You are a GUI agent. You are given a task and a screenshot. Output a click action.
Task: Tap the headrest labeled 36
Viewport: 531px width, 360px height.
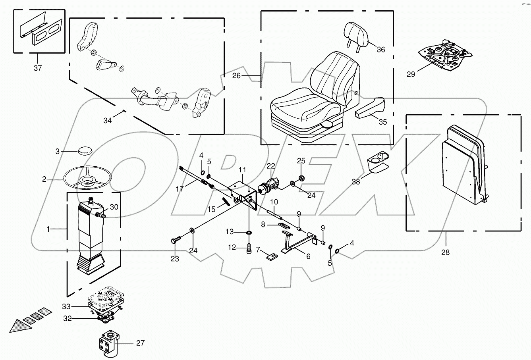coord(357,33)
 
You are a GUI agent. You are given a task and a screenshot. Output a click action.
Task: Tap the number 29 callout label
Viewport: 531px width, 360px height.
coord(410,74)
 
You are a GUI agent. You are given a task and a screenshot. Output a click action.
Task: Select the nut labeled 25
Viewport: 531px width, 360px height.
coord(301,177)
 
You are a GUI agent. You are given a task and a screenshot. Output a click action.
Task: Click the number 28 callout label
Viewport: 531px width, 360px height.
coord(446,252)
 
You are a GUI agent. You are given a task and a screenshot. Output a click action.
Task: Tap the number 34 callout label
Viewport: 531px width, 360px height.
coord(108,120)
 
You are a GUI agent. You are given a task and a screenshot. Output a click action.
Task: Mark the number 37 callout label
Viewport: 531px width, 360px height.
coord(37,68)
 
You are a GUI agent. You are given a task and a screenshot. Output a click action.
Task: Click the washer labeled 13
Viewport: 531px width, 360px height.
coord(249,232)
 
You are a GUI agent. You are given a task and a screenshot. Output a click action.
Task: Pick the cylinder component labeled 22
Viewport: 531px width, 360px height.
coord(268,185)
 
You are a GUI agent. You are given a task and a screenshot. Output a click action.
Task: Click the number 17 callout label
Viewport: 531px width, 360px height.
coord(180,189)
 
